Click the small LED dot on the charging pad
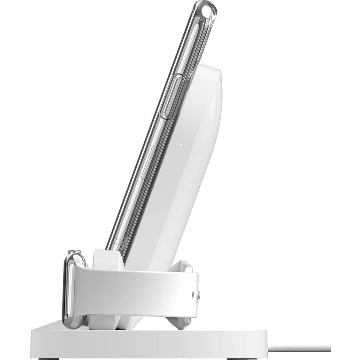[181, 144]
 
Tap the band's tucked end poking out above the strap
[183, 265]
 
